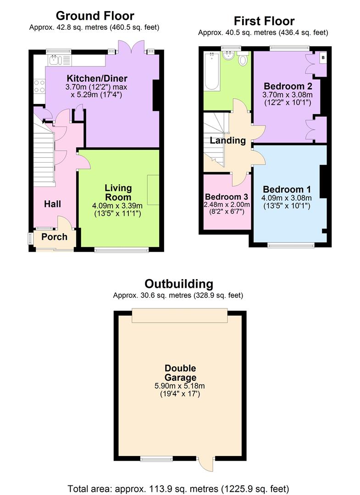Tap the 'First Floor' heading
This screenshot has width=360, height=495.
pyautogui.click(x=264, y=21)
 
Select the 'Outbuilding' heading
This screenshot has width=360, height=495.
pyautogui.click(x=179, y=284)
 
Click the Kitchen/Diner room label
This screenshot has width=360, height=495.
pyautogui.click(x=97, y=78)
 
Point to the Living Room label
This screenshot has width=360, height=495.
pyautogui.click(x=118, y=192)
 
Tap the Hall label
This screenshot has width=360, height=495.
pyautogui.click(x=52, y=204)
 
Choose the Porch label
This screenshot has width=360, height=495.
pyautogui.click(x=54, y=237)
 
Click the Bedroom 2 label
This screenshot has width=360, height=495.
pyautogui.click(x=284, y=86)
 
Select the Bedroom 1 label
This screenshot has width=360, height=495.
pyautogui.click(x=283, y=189)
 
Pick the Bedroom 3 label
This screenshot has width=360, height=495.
pyautogui.click(x=227, y=197)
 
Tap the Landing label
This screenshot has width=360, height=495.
pyautogui.click(x=228, y=141)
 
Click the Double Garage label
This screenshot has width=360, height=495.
pyautogui.click(x=181, y=373)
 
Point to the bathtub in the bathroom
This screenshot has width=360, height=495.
pyautogui.click(x=212, y=71)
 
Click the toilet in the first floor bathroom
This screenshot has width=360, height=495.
pyautogui.click(x=243, y=59)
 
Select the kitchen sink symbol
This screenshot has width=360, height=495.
pyautogui.click(x=55, y=60)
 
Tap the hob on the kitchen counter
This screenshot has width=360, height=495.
pyautogui.click(x=39, y=86)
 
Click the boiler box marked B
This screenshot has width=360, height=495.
pyautogui.click(x=323, y=57)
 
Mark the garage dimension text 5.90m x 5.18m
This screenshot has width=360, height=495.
pyautogui.click(x=181, y=387)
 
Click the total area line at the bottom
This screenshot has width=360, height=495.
pyautogui.click(x=178, y=488)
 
